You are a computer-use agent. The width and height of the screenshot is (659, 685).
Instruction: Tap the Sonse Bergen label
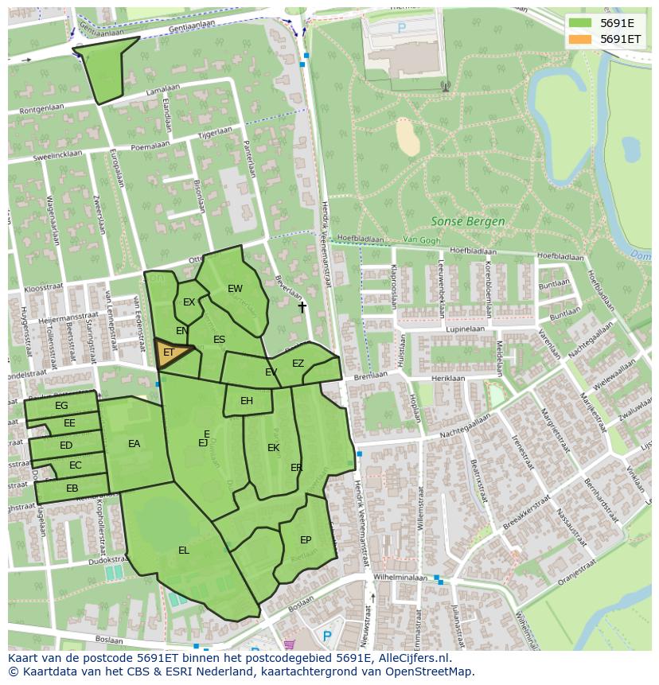[x=467, y=221]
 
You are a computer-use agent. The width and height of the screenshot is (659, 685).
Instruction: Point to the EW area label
[x=235, y=289]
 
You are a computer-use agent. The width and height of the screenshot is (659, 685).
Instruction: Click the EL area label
[x=184, y=551]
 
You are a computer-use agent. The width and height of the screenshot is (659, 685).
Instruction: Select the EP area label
[x=306, y=540]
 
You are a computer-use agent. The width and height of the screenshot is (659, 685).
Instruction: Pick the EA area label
[x=134, y=444]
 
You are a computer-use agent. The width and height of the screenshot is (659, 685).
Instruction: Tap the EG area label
[x=61, y=406]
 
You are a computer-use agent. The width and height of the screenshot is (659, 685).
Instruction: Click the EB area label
[x=72, y=488]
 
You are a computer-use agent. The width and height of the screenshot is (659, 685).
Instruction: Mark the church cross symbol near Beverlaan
[x=302, y=306]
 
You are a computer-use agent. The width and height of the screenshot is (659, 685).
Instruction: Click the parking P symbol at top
[x=402, y=28]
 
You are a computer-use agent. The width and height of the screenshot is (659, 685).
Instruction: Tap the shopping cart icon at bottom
[x=289, y=644]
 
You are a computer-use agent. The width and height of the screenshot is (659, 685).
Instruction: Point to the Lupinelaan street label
[x=466, y=329]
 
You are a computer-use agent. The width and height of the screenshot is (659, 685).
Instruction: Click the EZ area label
[x=298, y=364]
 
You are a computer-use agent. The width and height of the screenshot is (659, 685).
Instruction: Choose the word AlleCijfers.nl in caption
[x=412, y=659]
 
